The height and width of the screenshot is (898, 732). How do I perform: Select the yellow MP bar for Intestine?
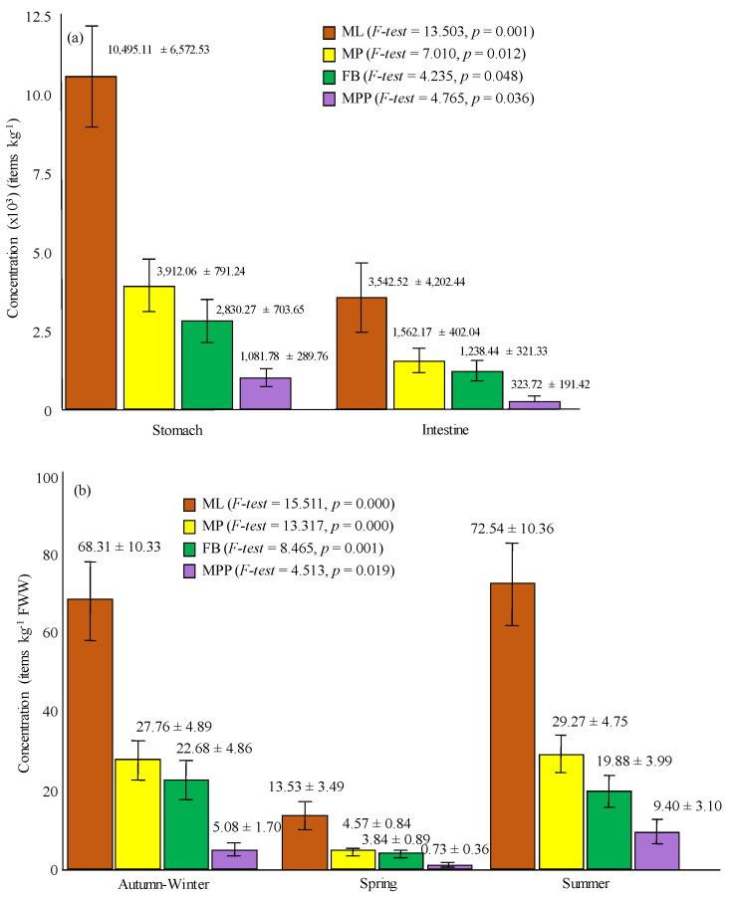pyautogui.click(x=419, y=384)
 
